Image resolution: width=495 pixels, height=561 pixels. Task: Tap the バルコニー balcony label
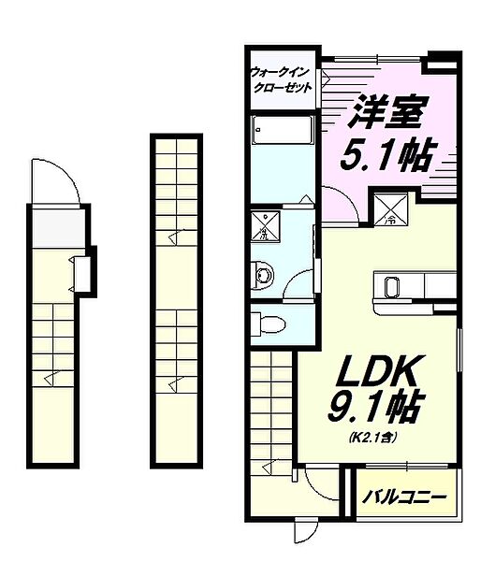pyautogui.click(x=405, y=496)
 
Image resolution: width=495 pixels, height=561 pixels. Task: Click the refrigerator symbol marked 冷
pyautogui.click(x=387, y=208)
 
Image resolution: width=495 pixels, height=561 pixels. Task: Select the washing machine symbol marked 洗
pyautogui.click(x=266, y=227)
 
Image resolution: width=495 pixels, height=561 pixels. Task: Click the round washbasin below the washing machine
pyautogui.click(x=264, y=273)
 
